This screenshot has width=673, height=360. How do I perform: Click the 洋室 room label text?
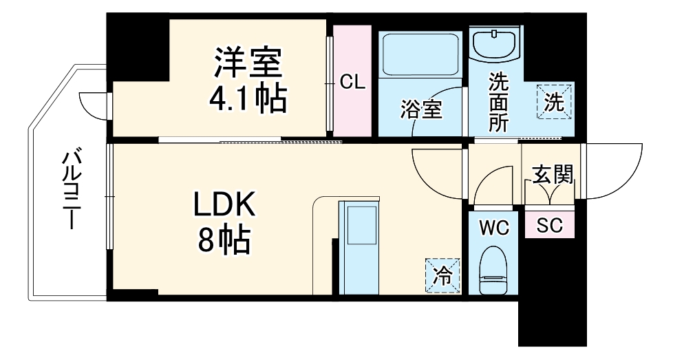(x=247, y=64)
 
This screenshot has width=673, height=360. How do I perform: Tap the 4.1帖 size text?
(x=247, y=100)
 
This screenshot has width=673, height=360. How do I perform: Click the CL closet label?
(x=352, y=83)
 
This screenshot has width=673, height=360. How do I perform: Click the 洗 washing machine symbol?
(x=555, y=102)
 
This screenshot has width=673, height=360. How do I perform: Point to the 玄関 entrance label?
(x=553, y=176)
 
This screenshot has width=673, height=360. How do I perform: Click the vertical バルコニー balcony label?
(x=70, y=189)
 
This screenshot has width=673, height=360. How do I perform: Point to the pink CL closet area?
(x=352, y=110)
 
